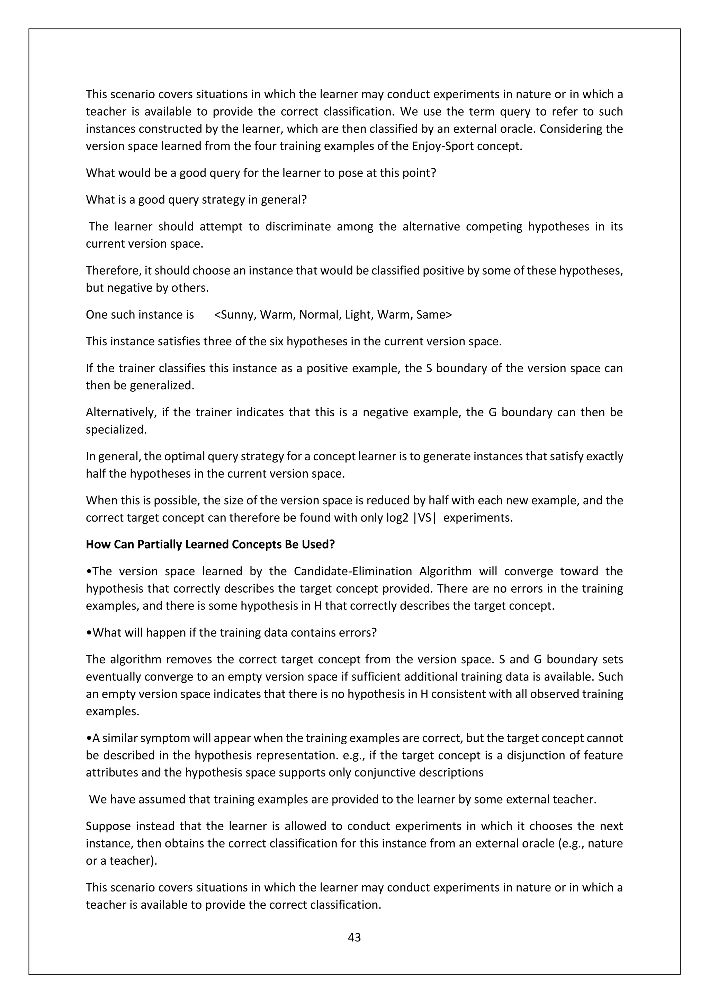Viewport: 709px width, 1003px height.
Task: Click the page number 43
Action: [x=354, y=938]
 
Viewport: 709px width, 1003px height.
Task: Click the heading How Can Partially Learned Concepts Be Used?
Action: [x=210, y=544]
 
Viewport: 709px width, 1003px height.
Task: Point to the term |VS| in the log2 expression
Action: [x=424, y=518]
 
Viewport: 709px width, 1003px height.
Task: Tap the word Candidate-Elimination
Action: [x=353, y=571]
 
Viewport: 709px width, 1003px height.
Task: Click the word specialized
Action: [x=116, y=429]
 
